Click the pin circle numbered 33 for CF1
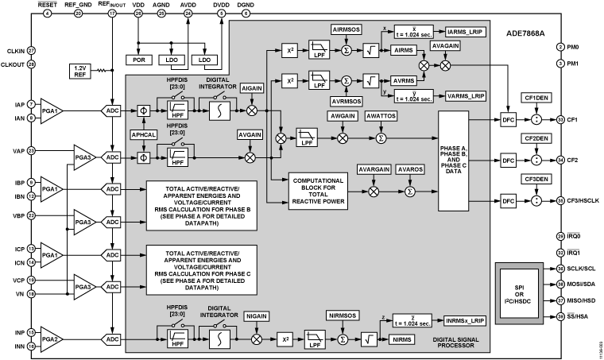coord(560,119)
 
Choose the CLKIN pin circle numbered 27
coord(31,50)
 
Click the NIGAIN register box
coord(256,316)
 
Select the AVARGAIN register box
coord(374,170)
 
